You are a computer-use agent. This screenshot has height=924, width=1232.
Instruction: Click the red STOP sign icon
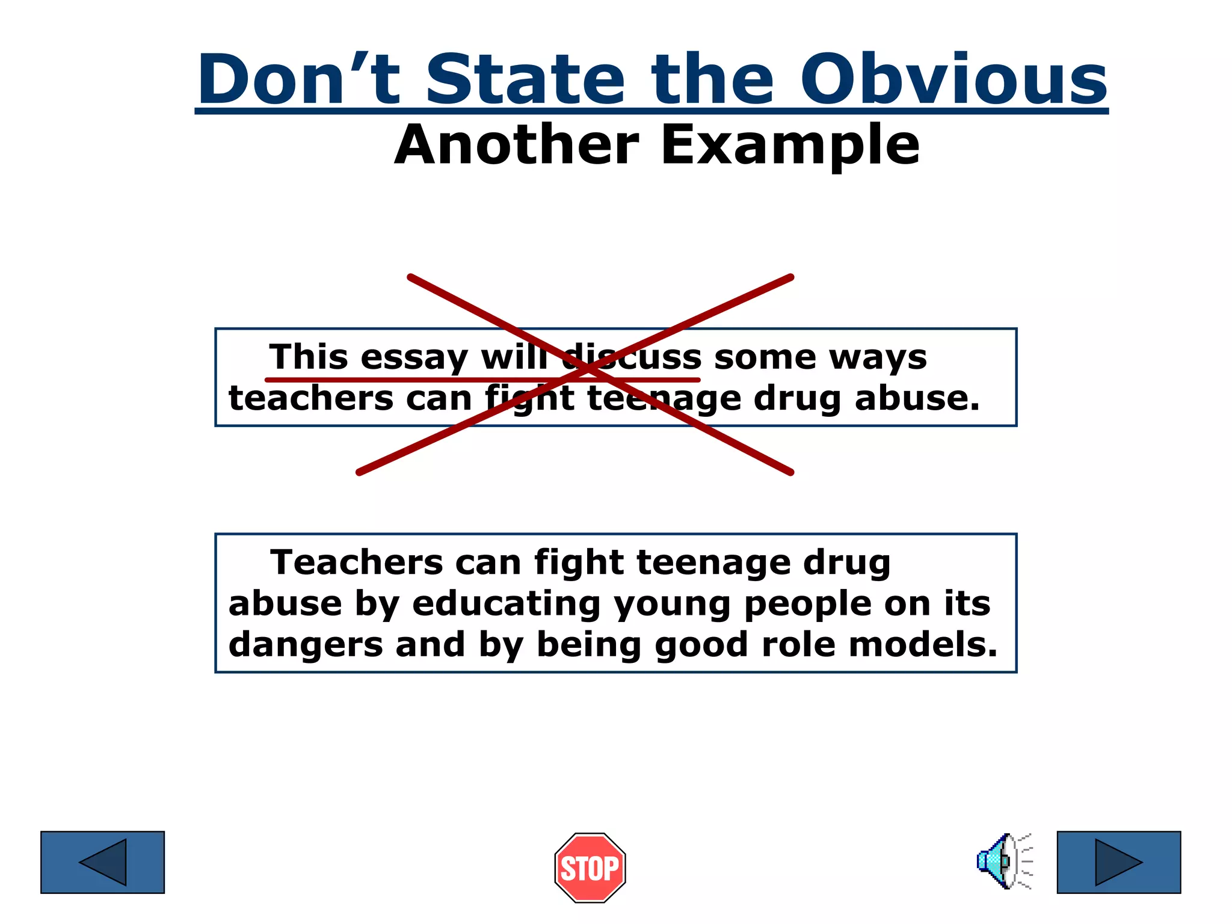[590, 867]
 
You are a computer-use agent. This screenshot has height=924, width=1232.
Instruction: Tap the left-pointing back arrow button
[102, 862]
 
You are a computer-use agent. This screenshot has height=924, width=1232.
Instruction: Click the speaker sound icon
[1002, 861]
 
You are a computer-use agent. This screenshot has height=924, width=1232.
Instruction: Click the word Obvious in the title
[953, 79]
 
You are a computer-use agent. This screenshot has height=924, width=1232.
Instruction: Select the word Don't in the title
[299, 79]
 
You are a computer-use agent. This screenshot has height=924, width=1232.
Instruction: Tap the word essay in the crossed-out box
[414, 359]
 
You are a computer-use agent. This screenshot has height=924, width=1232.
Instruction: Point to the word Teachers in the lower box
[357, 562]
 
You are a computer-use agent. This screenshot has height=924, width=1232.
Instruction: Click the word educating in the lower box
[506, 604]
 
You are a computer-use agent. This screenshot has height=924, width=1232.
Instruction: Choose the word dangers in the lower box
[306, 645]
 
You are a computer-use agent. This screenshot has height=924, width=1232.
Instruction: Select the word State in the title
[526, 79]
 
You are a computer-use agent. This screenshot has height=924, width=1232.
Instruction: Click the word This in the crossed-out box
[308, 357]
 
